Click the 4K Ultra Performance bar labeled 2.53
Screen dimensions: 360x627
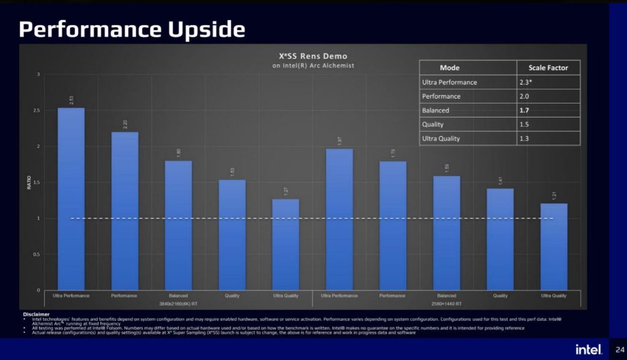[x=71, y=199]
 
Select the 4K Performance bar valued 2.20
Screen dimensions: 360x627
[x=124, y=211]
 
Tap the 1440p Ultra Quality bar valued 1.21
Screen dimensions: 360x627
[x=554, y=247]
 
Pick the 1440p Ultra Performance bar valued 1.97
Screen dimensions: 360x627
[x=339, y=219]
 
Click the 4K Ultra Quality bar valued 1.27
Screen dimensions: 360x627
[x=285, y=244]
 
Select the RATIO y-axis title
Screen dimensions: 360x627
[x=29, y=182]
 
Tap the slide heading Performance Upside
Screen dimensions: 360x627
[x=132, y=29]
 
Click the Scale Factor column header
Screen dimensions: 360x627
[x=548, y=68]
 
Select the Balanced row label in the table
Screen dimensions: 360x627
[x=435, y=111]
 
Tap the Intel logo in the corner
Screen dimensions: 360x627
[x=589, y=349]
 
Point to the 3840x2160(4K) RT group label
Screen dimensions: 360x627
[x=178, y=303]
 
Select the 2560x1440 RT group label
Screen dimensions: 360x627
[x=446, y=303]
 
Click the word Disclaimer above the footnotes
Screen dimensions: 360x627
[x=36, y=314]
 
